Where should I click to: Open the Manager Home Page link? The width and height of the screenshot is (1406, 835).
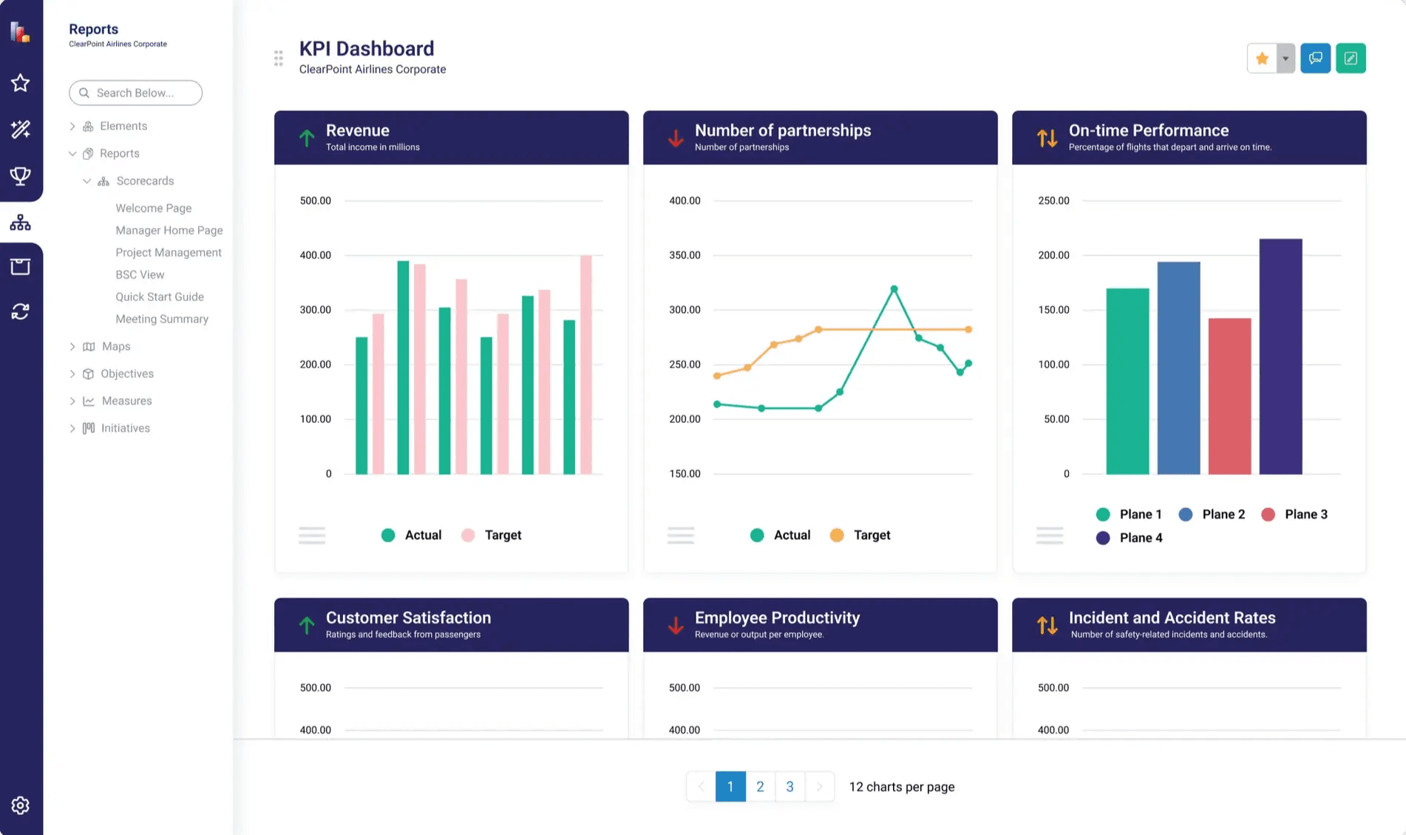(169, 230)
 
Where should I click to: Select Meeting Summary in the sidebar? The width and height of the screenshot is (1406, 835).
(161, 319)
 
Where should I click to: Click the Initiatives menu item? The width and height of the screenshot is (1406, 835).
(125, 428)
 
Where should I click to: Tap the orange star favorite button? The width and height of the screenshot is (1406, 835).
(1262, 58)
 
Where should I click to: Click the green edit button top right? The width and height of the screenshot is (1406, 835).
(1350, 58)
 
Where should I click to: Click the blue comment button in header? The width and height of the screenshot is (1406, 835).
(1315, 58)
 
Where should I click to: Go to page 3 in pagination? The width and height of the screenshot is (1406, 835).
(789, 786)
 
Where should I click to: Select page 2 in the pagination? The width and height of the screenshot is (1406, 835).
(760, 786)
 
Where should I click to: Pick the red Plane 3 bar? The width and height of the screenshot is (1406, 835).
(1229, 396)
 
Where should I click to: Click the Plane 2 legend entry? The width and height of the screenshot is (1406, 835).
(1212, 514)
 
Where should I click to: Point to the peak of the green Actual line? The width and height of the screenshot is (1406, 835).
(894, 289)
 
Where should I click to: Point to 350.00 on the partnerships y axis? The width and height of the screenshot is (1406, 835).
(684, 255)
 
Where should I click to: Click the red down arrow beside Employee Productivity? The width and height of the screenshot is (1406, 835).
(675, 625)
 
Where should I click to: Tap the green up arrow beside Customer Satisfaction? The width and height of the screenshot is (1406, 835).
(306, 625)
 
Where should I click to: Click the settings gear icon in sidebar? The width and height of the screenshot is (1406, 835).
(20, 805)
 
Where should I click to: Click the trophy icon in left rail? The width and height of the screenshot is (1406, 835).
(20, 175)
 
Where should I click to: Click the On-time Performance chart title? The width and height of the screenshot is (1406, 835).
(1148, 130)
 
